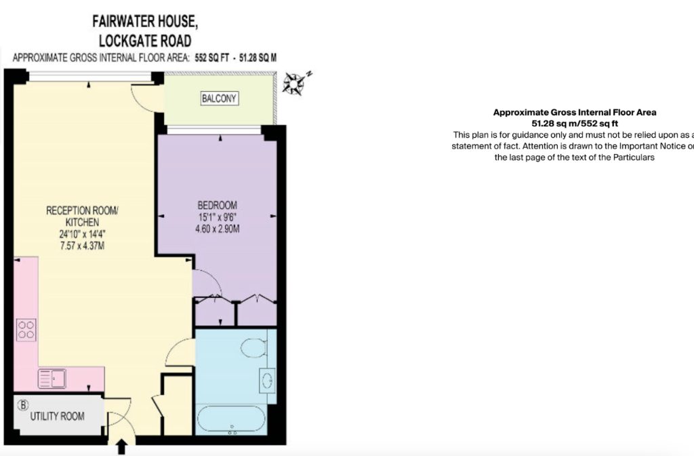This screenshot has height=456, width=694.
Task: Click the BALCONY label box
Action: [x=220, y=98]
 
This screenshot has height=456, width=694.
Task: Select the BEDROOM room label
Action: [x=217, y=205]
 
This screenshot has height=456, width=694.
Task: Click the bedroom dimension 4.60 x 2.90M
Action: [x=218, y=229]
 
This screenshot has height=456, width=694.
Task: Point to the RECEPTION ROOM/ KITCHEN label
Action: [x=82, y=216]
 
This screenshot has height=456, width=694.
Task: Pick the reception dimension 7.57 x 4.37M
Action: [x=82, y=246]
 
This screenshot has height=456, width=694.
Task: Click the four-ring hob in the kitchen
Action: [x=26, y=330]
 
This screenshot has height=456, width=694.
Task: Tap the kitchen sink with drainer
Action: [x=52, y=379]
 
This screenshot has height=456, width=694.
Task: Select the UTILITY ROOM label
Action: [x=57, y=416]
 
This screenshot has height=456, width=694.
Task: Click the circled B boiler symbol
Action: [x=22, y=404]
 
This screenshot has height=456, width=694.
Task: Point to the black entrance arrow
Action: [x=122, y=446]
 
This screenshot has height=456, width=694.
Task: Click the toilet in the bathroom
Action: [x=254, y=347]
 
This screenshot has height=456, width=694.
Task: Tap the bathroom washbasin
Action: [x=267, y=380]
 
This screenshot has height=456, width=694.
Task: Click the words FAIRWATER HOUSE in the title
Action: [x=145, y=21]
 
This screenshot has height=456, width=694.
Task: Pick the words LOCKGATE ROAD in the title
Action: [x=145, y=41]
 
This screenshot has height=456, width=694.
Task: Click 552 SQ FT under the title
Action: [x=212, y=58]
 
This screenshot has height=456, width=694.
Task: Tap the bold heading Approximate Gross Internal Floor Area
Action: [x=575, y=113]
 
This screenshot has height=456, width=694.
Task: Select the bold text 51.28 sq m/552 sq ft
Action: [x=575, y=123]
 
